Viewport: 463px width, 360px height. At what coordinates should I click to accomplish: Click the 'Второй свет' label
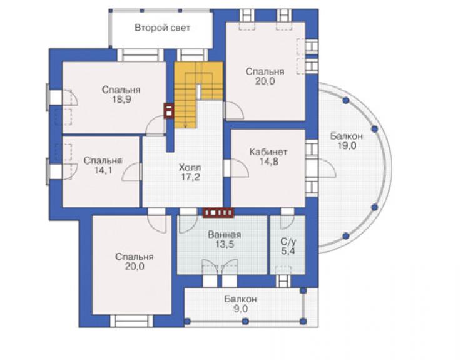(x=162, y=28)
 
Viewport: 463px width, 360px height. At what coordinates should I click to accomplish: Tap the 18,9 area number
(x=121, y=100)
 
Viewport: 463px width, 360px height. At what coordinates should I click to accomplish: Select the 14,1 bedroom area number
(x=103, y=170)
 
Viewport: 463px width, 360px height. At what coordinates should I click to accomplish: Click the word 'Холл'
(x=190, y=168)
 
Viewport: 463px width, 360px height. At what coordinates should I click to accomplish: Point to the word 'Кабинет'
(x=268, y=152)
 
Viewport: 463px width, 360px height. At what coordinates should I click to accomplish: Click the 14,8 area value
(x=268, y=162)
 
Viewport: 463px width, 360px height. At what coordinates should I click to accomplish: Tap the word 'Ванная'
(x=225, y=235)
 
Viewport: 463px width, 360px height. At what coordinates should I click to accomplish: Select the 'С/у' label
(x=288, y=242)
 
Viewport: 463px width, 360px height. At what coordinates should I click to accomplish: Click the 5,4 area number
(x=288, y=251)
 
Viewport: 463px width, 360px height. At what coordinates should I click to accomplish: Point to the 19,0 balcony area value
(x=347, y=146)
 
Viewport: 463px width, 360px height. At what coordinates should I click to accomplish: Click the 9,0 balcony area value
(x=241, y=309)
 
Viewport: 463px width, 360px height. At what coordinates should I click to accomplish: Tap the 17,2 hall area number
(x=190, y=177)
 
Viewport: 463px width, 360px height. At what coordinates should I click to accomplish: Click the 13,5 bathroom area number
(x=225, y=244)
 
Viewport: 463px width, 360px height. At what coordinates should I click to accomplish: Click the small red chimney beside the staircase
(x=169, y=111)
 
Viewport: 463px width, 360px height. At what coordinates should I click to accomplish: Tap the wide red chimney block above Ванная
(x=218, y=212)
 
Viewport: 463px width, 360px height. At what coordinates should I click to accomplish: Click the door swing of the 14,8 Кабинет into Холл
(x=237, y=168)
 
